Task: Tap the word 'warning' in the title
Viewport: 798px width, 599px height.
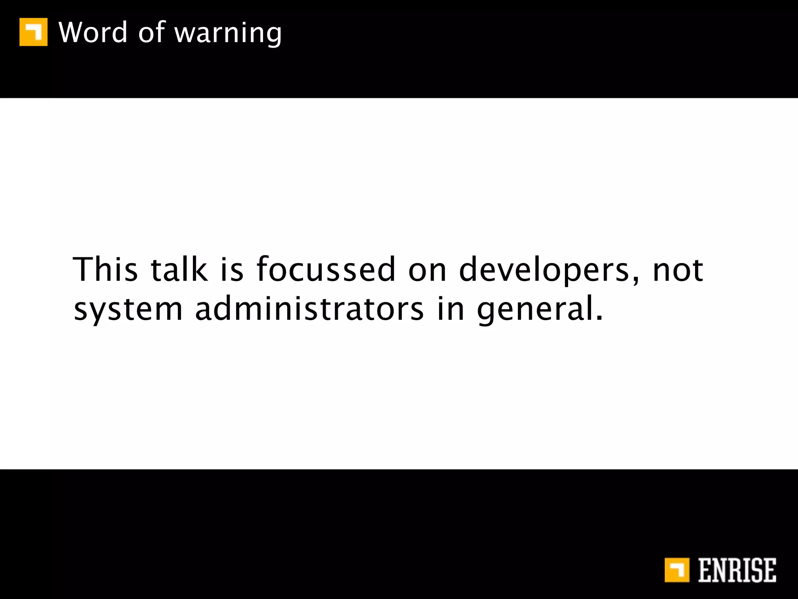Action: pos(228,34)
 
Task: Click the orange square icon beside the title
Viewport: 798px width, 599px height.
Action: pos(34,32)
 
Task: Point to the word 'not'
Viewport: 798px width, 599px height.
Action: pos(678,270)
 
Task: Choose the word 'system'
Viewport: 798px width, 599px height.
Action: pos(128,310)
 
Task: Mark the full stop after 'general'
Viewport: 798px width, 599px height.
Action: pos(599,317)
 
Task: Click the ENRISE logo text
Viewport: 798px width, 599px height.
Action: pos(737,570)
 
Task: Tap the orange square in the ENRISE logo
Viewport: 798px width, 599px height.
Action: pos(677,570)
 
